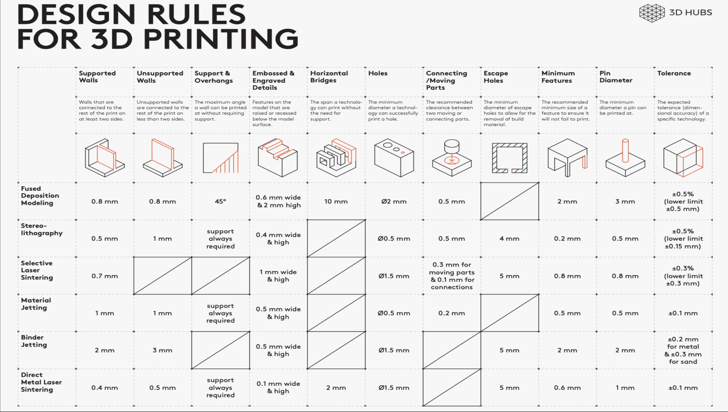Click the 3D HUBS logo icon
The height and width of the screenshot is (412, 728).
652,13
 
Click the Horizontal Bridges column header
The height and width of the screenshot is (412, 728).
329,77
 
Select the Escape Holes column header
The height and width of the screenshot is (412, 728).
496,77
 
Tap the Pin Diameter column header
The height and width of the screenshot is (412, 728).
616,77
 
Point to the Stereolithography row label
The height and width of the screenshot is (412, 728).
42,229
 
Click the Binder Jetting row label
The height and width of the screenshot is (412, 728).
34,341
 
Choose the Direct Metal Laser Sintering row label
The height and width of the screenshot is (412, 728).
41,382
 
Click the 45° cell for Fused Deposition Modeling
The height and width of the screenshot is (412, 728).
220,201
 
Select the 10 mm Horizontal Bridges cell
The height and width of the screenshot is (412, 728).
336,201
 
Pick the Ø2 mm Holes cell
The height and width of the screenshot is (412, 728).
394,201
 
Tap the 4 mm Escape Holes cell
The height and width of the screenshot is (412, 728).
509,238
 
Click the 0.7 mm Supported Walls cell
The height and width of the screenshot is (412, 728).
105,276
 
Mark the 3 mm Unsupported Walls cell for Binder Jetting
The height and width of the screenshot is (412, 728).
162,350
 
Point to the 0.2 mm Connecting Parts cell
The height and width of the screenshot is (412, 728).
451,313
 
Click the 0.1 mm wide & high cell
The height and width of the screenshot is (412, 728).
278,387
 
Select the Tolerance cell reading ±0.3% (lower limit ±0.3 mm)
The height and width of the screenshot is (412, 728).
683,276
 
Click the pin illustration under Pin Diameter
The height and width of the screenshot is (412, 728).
625,158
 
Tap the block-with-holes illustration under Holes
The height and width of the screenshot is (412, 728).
394,158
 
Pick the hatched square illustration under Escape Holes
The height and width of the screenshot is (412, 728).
509,158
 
